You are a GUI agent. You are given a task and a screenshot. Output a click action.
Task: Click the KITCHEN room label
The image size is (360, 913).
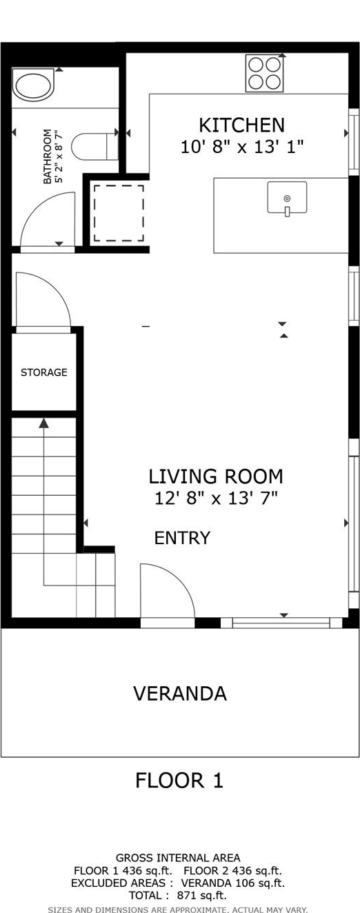[241, 125]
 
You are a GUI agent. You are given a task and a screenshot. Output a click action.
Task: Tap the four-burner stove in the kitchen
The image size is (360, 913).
[264, 73]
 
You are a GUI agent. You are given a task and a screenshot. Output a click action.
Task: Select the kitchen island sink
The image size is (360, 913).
[287, 198]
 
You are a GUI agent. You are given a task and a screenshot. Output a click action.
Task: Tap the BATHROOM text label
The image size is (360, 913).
[48, 157]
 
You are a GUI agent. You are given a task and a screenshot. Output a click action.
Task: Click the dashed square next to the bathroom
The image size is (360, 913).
[119, 213]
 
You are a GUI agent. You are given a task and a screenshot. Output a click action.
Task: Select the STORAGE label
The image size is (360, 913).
[44, 372]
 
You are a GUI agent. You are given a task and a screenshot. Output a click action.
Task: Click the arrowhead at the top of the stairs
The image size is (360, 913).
[43, 423]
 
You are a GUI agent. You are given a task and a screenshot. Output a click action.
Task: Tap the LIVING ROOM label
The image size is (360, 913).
[215, 476]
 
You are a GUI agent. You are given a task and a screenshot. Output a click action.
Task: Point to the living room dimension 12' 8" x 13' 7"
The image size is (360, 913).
[216, 498]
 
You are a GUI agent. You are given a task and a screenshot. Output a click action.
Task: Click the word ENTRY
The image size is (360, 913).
[182, 538]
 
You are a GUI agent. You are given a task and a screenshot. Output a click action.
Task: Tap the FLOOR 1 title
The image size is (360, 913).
[179, 781]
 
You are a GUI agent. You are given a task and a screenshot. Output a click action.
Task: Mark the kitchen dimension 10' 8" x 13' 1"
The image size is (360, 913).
[242, 147]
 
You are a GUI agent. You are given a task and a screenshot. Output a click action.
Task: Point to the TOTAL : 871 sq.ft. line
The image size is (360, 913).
[177, 896]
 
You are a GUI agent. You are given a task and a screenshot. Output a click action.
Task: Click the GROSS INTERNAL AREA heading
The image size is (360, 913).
[178, 858]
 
